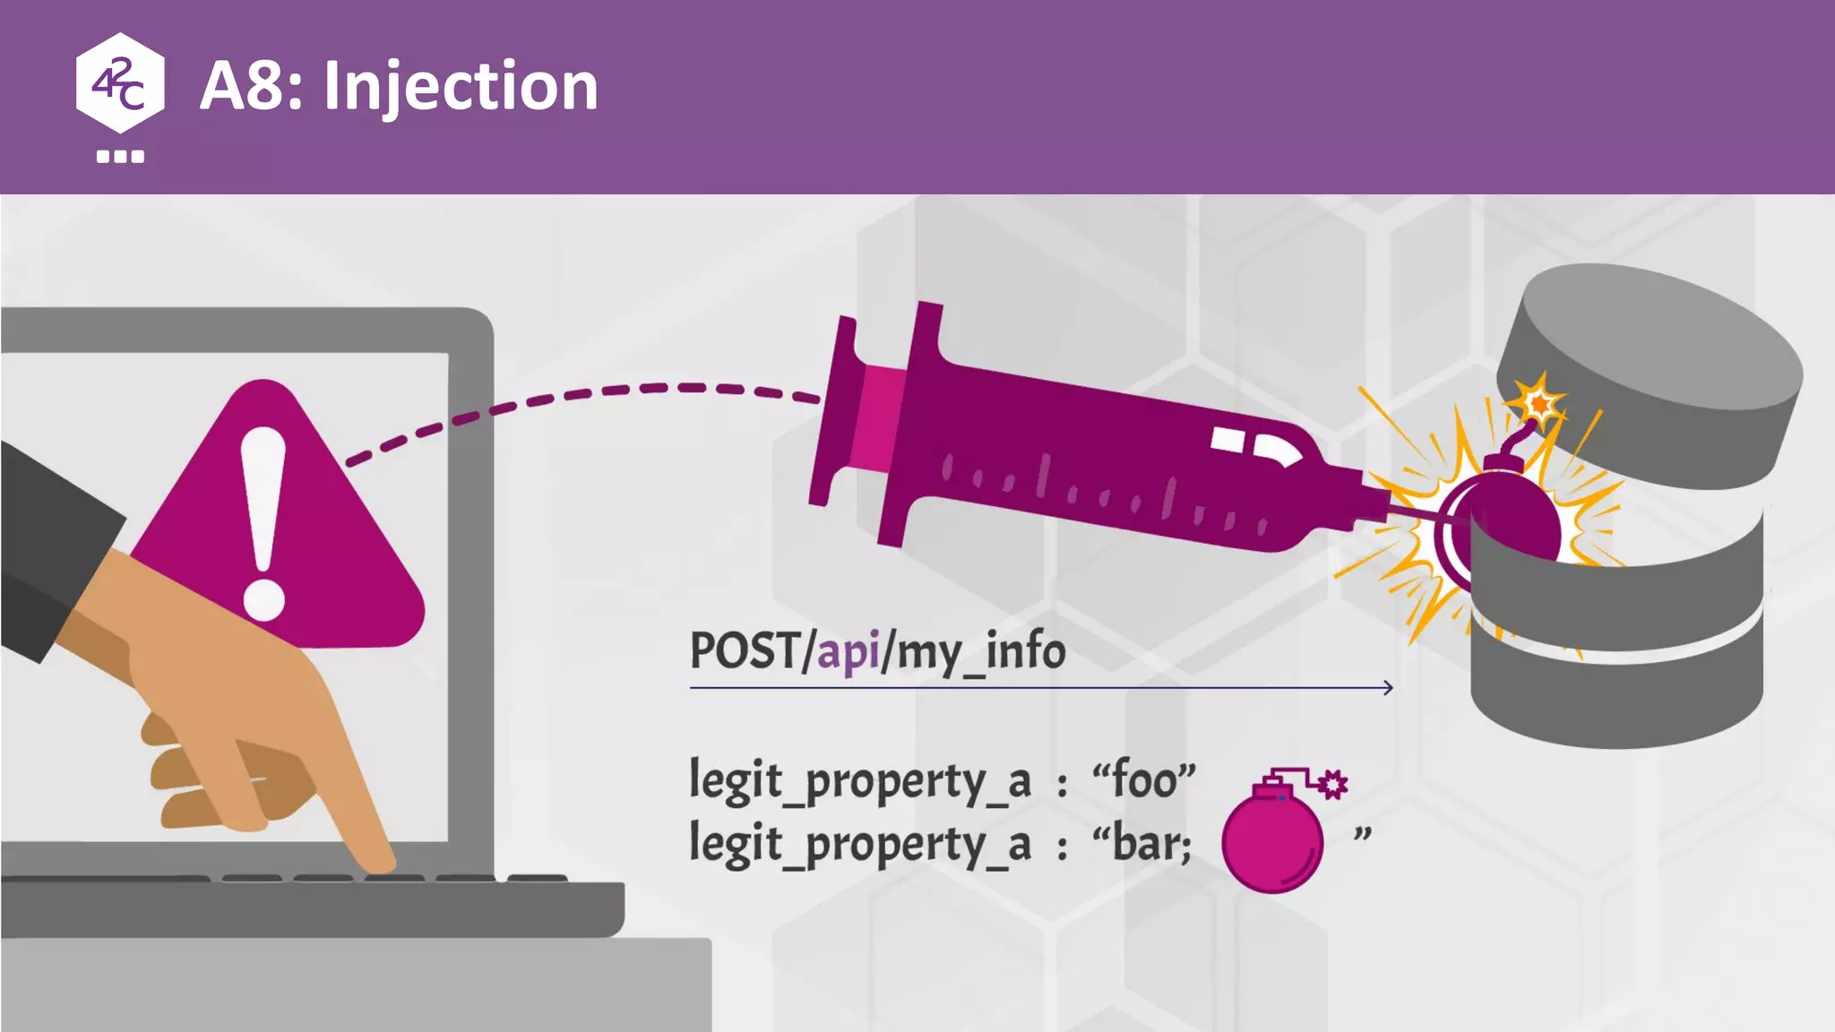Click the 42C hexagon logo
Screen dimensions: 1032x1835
pos(120,82)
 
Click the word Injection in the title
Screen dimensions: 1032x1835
pos(461,87)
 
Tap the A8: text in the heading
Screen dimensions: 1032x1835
pos(251,86)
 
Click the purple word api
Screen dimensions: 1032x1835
pos(848,651)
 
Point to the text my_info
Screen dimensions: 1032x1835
pos(981,652)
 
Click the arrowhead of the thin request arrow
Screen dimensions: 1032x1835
pos(1387,687)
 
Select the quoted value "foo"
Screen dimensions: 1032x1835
pos(1143,779)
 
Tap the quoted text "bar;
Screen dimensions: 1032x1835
pos(1142,843)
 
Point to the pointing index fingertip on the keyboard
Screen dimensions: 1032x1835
pos(380,862)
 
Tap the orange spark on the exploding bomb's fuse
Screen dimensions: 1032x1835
pos(1539,403)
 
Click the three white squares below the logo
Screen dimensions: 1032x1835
pos(120,157)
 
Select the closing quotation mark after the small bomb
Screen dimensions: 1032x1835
pos(1362,835)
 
